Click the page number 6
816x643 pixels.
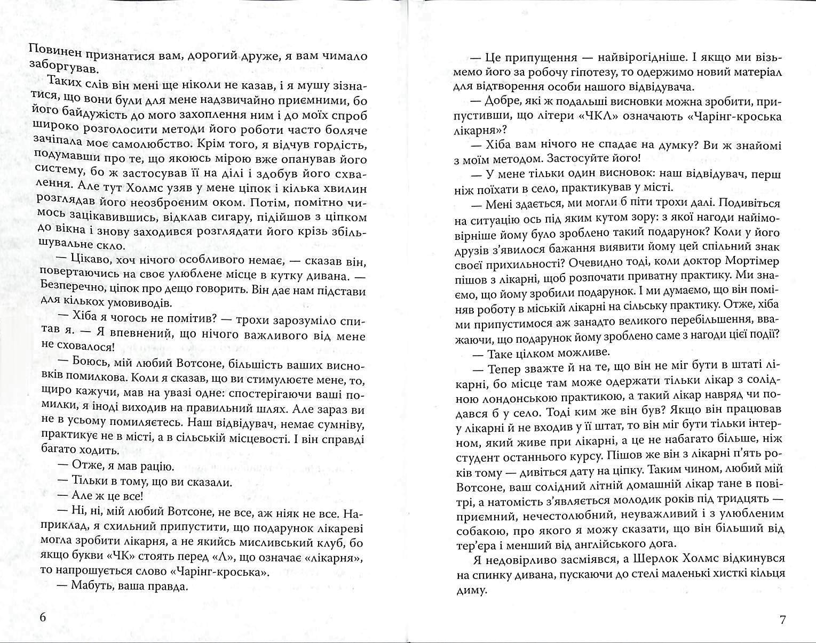click(x=44, y=618)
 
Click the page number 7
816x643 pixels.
click(x=783, y=620)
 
